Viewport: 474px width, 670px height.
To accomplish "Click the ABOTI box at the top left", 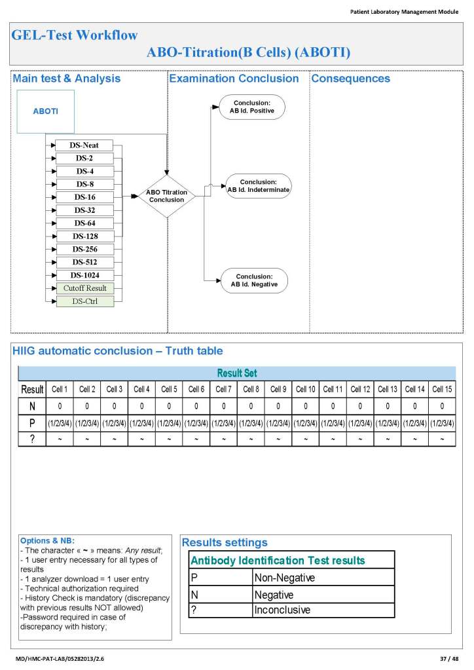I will pos(45,111).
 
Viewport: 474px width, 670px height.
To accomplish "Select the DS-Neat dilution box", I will pos(84,145).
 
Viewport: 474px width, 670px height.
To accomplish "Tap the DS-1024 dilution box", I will pos(84,275).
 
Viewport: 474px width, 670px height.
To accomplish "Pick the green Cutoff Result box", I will pos(84,288).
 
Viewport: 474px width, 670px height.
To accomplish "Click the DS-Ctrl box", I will pos(84,301).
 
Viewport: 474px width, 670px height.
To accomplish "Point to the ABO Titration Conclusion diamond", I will pos(166,196).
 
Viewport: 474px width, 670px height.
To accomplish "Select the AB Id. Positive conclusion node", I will pos(252,107).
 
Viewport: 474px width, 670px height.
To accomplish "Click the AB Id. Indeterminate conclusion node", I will pos(258,186).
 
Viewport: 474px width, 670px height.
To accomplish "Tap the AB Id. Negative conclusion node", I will pos(254,280).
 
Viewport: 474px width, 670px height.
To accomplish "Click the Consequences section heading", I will pos(350,79).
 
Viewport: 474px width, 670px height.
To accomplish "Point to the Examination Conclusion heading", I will pos(234,79).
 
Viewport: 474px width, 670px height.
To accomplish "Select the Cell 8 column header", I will pos(251,389).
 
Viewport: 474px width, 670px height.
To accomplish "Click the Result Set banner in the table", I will pos(236,373).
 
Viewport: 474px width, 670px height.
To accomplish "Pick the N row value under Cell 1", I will pos(60,406).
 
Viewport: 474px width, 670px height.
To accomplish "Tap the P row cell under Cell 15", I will pos(443,422).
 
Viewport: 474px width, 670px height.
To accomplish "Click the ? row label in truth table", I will pos(32,439).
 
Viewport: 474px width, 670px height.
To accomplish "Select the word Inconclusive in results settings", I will pos(282,610).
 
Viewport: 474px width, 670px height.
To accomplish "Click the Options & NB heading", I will pos(48,541).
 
